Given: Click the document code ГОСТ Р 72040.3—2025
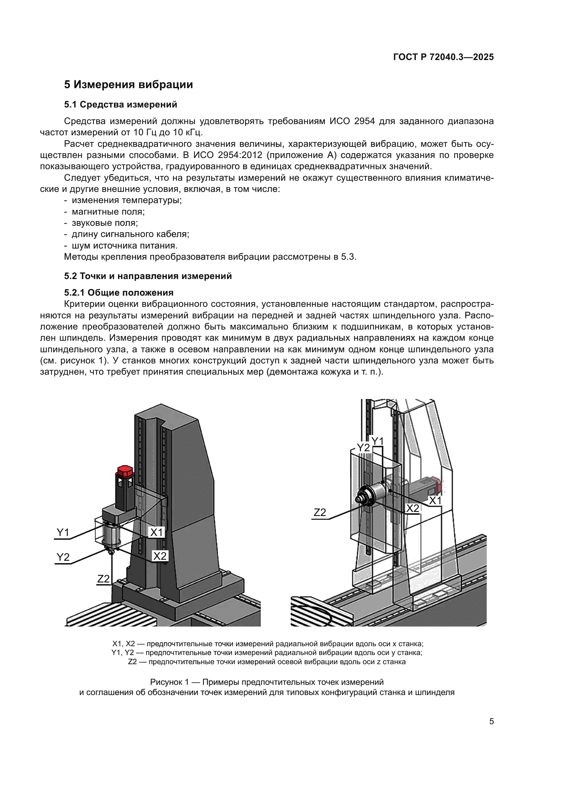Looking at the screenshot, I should coord(443,57).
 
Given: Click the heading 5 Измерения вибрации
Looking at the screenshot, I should coord(128,85).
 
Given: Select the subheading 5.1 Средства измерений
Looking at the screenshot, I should coord(120,105).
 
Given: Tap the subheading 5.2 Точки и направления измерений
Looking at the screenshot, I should coord(148,276).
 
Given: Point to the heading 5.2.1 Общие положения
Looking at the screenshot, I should coord(118,293).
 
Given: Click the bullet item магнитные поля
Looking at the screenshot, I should coord(108,212).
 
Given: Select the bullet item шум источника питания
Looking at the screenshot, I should coord(124,245).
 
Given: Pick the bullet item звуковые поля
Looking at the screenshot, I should coord(104,223).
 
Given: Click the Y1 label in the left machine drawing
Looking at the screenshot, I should coord(63,533).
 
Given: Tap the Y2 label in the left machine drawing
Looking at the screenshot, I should coord(63,557).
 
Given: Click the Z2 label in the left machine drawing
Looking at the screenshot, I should coord(103,579).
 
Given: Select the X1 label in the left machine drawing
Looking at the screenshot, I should coord(156,532).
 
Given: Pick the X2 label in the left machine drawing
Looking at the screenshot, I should coord(160,556).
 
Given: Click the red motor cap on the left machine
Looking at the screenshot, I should coord(125,471).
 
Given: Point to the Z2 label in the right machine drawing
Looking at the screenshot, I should coord(320,512).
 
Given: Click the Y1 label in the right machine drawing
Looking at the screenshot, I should coord(377,441).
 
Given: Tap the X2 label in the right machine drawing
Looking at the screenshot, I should coord(412,509).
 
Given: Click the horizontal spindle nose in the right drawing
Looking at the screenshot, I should coord(361,497).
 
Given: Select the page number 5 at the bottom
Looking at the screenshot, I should coord(491,721).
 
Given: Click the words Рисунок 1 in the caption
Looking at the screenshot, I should coord(169,682).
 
